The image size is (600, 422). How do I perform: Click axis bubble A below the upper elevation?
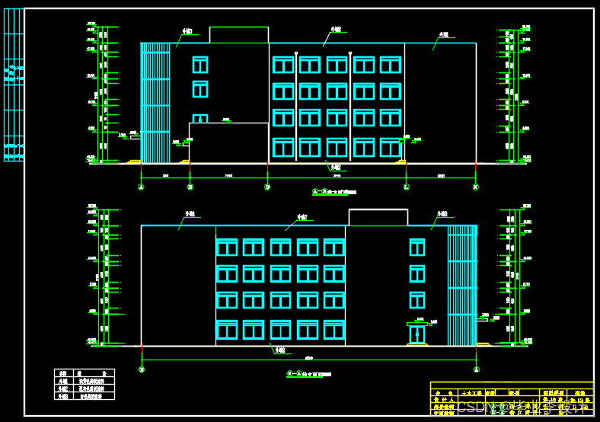tap(141, 187)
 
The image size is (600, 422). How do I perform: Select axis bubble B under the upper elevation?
tap(190, 187)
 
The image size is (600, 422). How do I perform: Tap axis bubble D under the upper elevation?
tap(267, 187)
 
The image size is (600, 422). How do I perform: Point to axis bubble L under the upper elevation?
tap(406, 187)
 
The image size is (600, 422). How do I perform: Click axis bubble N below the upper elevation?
tap(476, 187)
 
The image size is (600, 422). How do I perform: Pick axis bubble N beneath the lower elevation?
tap(142, 369)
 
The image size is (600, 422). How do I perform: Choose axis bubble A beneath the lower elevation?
tap(477, 369)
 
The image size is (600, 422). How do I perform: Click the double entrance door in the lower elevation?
tap(417, 334)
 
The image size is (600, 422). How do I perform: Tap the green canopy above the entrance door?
tap(418, 323)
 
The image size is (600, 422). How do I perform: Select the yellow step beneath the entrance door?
tap(417, 345)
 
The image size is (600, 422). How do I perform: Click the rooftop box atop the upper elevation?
tap(238, 35)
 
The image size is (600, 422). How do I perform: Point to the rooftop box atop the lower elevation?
tap(378, 217)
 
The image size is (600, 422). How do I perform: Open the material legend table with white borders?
tap(85, 385)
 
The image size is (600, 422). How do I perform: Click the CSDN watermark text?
tap(477, 407)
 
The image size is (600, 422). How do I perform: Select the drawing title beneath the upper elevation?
tap(334, 192)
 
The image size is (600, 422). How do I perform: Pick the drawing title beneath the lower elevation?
tap(308, 375)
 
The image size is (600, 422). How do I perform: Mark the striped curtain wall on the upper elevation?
tap(155, 102)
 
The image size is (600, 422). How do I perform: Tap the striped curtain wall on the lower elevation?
tap(462, 284)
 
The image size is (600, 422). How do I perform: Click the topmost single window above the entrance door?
tap(417, 247)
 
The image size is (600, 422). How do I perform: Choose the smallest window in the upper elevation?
tap(199, 119)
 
